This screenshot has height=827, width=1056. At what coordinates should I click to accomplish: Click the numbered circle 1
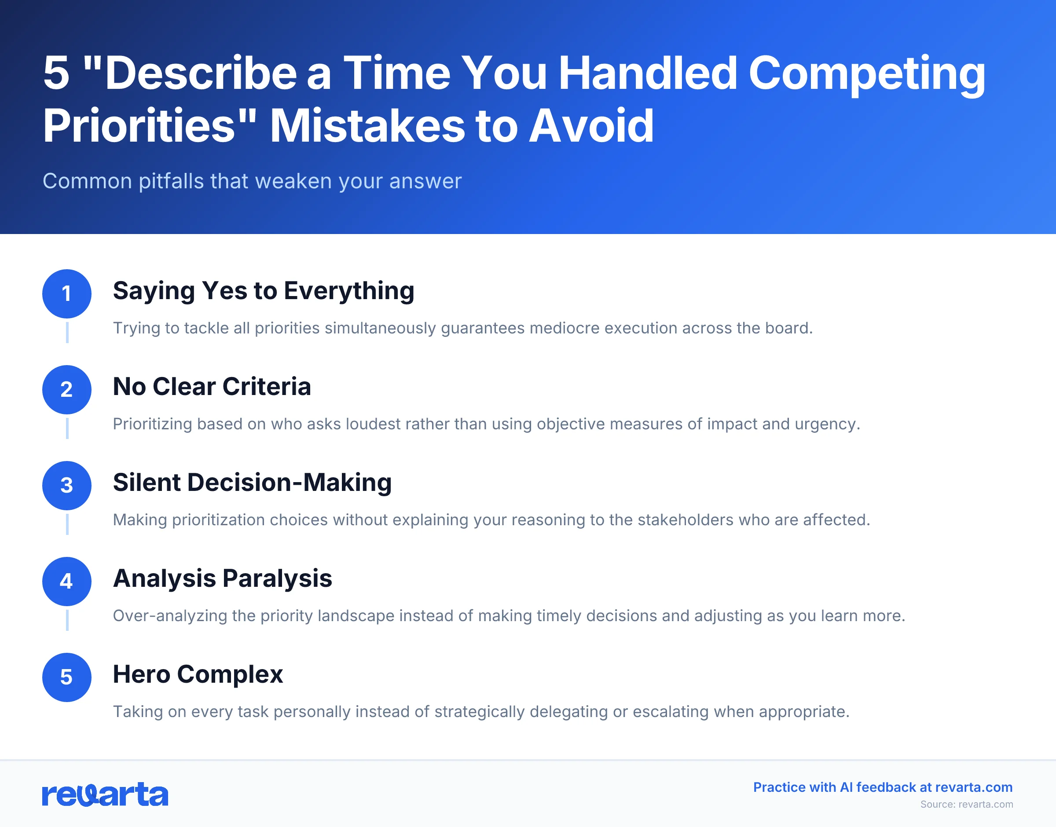click(67, 293)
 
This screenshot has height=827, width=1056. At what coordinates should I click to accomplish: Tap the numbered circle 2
click(67, 389)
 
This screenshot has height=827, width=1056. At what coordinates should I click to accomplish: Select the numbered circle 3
click(67, 485)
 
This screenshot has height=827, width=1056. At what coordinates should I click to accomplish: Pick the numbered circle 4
click(67, 581)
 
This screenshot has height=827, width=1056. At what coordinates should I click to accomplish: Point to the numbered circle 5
click(67, 677)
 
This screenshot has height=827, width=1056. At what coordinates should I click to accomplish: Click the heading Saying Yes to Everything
click(264, 291)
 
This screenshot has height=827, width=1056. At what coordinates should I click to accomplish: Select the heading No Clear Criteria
click(212, 387)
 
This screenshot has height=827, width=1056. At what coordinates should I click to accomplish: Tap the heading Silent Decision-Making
click(252, 483)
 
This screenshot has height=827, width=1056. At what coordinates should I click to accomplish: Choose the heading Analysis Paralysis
click(222, 578)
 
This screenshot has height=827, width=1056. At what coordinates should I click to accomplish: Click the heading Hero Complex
click(198, 674)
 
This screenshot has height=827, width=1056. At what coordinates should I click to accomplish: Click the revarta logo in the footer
click(105, 794)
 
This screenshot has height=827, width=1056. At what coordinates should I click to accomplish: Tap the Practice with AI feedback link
click(883, 787)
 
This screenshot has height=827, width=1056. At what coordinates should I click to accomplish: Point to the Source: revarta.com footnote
click(966, 804)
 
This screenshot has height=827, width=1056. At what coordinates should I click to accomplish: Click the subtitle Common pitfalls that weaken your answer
click(252, 181)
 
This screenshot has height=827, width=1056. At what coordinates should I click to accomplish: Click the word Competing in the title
click(867, 73)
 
